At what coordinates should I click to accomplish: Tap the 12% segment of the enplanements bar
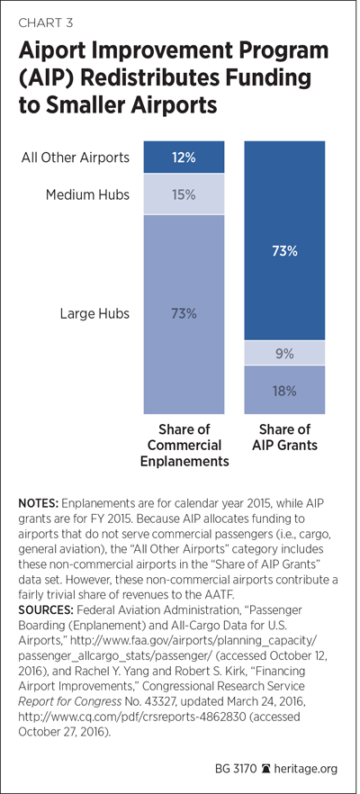point(184,158)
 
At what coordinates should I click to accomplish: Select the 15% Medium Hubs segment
point(184,194)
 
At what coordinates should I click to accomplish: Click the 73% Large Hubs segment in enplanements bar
point(184,314)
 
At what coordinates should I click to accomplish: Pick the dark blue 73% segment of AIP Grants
point(284,240)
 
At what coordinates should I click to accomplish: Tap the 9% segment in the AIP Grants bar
point(284,353)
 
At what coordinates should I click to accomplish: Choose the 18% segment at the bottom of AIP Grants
point(284,391)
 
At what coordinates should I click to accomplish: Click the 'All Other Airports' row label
point(75,158)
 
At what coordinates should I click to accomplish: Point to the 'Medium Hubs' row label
point(88,194)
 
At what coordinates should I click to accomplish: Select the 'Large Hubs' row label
point(94,314)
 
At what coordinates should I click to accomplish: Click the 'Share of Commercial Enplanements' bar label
point(184,446)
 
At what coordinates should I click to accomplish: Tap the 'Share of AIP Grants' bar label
point(284,438)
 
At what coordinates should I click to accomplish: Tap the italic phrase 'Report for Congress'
point(63,699)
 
